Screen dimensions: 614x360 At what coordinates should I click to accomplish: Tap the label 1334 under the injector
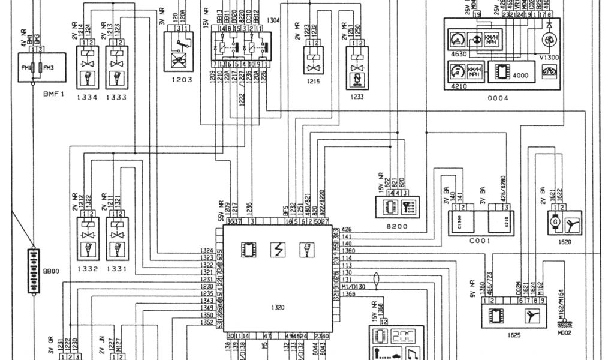point(87,96)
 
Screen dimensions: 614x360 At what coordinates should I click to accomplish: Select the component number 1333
point(117,96)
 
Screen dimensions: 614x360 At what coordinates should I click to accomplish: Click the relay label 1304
point(273,20)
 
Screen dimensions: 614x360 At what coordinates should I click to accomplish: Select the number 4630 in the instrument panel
point(458,55)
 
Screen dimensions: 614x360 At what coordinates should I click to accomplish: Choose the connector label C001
point(480,241)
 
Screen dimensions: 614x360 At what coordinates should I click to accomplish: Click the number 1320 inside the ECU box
point(278,308)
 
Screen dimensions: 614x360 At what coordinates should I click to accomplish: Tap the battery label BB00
point(52,271)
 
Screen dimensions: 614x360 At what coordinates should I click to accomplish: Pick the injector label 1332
point(87,269)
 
